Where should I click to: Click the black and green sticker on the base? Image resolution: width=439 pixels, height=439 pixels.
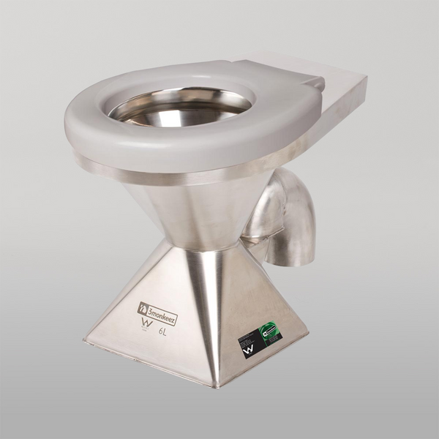[x=259, y=339]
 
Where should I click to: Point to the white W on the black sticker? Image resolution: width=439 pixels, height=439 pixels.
[x=249, y=351]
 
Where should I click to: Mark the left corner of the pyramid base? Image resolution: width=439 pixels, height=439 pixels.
[x=86, y=339]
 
